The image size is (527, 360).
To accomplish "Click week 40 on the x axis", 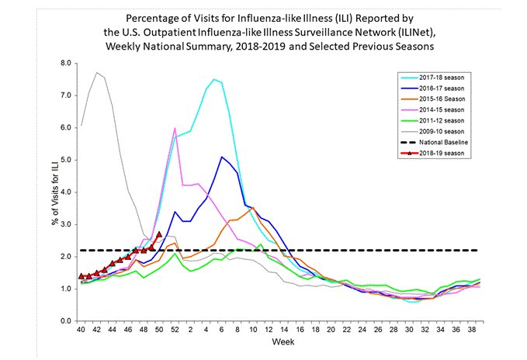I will click(81, 329).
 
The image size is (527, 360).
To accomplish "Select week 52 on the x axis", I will click(175, 329).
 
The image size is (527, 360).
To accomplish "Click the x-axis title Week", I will click(278, 341).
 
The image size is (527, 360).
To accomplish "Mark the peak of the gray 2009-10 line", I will click(97, 72).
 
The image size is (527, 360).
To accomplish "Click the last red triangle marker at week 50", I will click(159, 234).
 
